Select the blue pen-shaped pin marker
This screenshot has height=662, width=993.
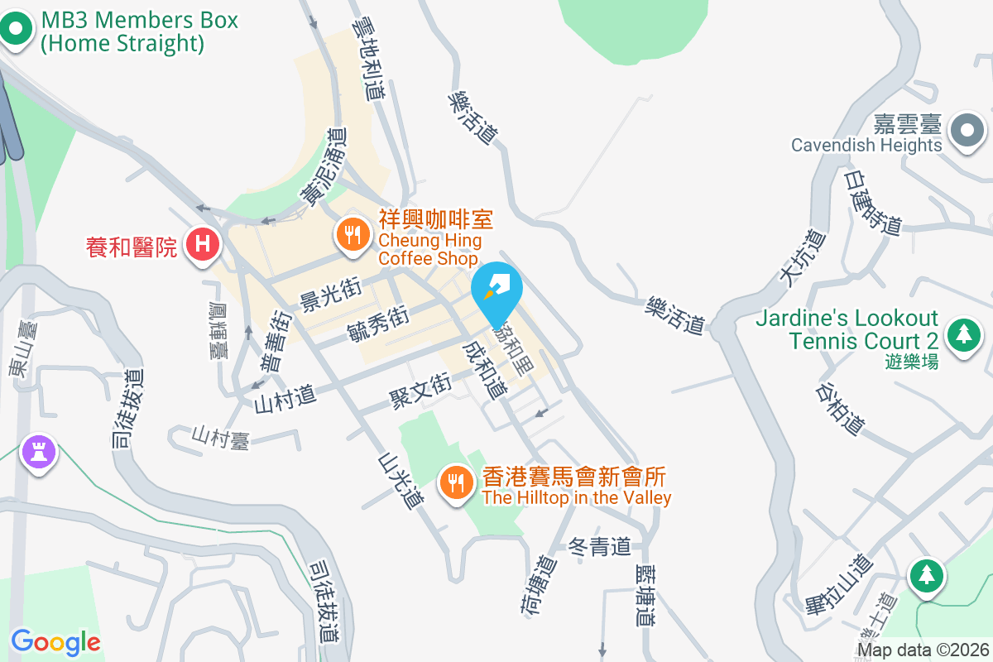pyautogui.click(x=496, y=289)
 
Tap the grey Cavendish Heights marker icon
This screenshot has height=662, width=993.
pyautogui.click(x=966, y=131)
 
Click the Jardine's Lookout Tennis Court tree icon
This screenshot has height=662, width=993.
pyautogui.click(x=963, y=335)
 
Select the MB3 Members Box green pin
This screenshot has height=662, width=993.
pyautogui.click(x=16, y=31)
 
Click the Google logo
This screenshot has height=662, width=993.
pyautogui.click(x=55, y=641)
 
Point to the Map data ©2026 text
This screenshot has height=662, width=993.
pyautogui.click(x=923, y=650)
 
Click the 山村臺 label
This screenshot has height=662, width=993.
pyautogui.click(x=221, y=436)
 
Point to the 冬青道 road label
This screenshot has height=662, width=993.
pyautogui.click(x=600, y=546)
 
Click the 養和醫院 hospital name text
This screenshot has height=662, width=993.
pyautogui.click(x=132, y=247)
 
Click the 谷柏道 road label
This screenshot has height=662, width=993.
pyautogui.click(x=840, y=408)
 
